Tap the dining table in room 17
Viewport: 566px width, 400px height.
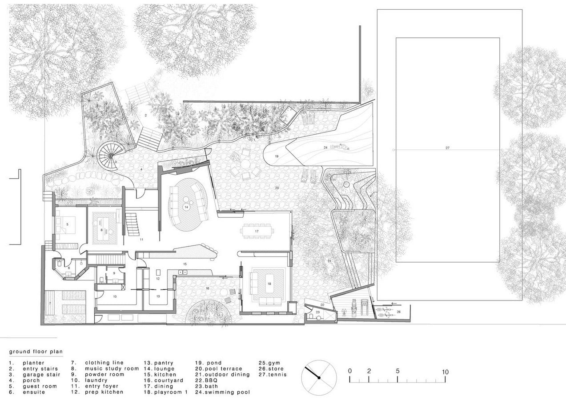point(257,232)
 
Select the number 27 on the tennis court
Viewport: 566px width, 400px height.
point(447,148)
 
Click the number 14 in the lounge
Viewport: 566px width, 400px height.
point(186,207)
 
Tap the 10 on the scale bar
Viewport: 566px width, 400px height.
point(445,372)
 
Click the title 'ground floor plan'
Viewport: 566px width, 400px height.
point(36,352)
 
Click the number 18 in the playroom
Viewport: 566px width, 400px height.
point(269,284)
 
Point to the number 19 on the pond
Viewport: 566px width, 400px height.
point(277,156)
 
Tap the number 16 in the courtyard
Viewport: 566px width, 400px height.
point(207,288)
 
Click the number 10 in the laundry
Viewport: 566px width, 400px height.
point(115,296)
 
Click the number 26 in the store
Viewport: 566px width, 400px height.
point(398,312)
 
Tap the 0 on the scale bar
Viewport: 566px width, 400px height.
point(350,371)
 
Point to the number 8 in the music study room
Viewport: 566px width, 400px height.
point(101,230)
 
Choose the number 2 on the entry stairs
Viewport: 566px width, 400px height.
point(145,116)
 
